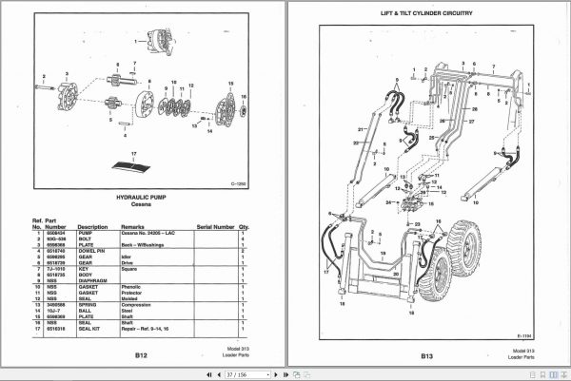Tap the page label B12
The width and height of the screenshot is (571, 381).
tap(141, 354)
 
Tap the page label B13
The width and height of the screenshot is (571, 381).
tap(423, 354)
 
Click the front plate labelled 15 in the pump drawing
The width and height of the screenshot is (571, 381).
tap(226, 106)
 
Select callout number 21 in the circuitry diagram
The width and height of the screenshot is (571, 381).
tap(363, 128)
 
